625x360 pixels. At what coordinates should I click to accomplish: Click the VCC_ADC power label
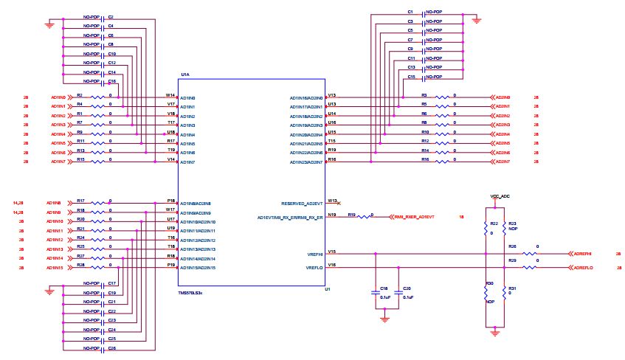click(500, 197)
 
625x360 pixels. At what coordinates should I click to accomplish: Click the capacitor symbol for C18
click(376, 294)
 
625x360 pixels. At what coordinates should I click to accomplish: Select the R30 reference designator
click(489, 283)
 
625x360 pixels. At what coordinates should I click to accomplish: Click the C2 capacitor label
click(111, 15)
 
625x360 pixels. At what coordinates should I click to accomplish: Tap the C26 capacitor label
click(112, 347)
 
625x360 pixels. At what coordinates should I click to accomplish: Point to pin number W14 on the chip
click(170, 94)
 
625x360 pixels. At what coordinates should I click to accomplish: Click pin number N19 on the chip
click(332, 215)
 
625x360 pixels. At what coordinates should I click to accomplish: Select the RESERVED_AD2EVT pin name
click(302, 203)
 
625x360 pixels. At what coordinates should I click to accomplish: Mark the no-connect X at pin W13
click(339, 202)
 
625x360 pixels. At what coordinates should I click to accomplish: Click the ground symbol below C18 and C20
click(384, 318)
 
